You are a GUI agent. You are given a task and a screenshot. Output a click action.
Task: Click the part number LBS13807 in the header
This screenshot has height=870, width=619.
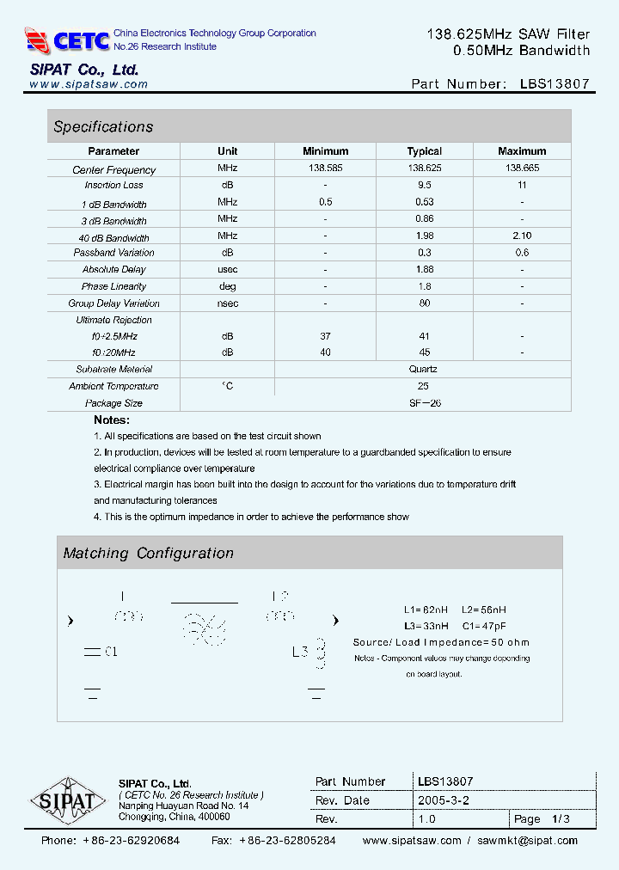tap(555, 84)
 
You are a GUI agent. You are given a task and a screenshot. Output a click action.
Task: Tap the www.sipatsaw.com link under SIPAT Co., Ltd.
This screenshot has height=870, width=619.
tap(89, 85)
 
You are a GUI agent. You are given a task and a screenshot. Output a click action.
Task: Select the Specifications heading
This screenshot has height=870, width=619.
tap(103, 127)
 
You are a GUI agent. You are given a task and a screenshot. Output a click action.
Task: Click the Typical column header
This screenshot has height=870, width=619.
tap(424, 151)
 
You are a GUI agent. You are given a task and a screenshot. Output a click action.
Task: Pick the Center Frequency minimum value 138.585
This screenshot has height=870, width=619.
tap(325, 169)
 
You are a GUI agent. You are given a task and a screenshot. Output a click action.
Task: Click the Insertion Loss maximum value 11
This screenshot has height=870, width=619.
tap(521, 186)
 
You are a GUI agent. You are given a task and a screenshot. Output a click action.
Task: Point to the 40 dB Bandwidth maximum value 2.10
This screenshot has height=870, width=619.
tap(521, 236)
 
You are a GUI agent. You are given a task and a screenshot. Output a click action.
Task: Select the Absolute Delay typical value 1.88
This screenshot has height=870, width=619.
tap(424, 269)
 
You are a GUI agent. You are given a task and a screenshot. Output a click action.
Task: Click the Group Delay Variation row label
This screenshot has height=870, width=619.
tap(113, 303)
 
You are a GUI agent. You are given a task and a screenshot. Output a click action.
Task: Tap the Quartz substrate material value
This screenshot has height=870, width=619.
tap(424, 369)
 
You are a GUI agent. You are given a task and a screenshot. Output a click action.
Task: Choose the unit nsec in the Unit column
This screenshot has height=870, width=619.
tap(227, 303)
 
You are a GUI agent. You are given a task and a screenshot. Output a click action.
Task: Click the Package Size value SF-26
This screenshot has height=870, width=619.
tap(424, 403)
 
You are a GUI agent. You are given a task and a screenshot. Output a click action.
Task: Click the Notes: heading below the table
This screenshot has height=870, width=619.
tap(112, 420)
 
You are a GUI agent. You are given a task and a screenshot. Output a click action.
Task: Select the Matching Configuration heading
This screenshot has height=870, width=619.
tap(148, 554)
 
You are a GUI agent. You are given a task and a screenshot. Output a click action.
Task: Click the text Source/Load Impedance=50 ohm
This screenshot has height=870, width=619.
tap(441, 642)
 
